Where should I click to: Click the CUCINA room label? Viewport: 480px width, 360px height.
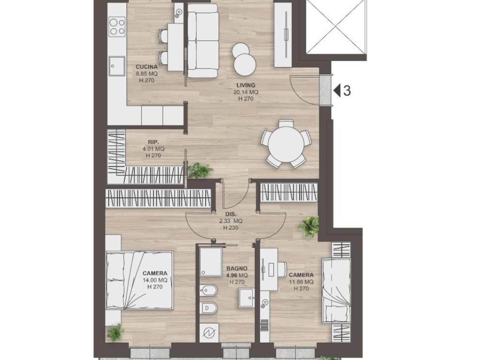click(147, 67)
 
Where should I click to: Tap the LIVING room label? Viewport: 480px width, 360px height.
click(246, 85)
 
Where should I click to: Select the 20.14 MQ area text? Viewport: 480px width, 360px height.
click(246, 92)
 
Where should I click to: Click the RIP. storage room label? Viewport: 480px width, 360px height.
click(153, 142)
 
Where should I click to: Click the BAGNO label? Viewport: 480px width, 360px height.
click(237, 269)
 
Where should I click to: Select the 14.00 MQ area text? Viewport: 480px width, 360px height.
click(155, 280)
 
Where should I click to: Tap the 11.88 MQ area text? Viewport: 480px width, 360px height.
click(301, 282)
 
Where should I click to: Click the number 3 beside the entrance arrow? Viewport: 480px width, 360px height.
click(347, 90)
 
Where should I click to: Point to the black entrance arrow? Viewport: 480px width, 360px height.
click(337, 90)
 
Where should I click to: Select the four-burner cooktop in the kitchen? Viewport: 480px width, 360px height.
click(117, 27)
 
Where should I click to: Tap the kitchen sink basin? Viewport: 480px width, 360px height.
click(117, 66)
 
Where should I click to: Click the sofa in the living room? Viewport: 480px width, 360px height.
click(203, 40)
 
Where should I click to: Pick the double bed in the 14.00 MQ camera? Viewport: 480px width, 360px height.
click(140, 280)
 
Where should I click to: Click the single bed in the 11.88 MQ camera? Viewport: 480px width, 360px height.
click(336, 291)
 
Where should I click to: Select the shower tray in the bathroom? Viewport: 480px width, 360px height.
click(211, 262)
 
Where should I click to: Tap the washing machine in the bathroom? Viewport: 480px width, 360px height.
click(209, 333)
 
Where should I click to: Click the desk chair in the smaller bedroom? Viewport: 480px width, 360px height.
click(282, 269)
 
